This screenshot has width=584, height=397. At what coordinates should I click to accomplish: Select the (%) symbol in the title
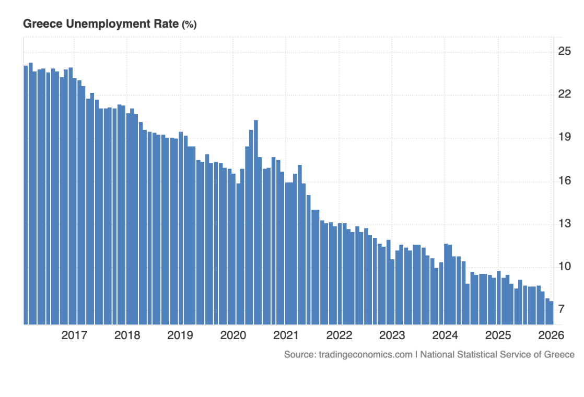189,25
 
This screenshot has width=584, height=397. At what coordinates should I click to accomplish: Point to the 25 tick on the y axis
564,51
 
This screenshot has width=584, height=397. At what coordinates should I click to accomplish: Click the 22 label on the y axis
564,94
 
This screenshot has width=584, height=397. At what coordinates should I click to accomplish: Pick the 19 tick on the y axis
564,137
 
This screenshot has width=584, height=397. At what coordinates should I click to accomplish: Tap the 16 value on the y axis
564,181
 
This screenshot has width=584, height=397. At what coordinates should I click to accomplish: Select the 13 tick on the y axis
564,224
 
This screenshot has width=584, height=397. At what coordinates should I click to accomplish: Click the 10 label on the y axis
564,267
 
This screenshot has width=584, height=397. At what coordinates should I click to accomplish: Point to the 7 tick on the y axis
562,309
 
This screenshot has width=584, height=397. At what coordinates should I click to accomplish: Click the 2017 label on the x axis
74,335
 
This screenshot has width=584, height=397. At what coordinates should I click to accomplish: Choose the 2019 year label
180,335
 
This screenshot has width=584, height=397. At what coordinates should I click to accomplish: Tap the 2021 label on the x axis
286,335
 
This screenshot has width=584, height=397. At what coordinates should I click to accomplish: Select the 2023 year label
392,335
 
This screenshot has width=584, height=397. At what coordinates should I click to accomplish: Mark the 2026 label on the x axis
551,335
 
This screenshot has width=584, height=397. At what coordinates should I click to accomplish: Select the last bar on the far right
551,313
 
